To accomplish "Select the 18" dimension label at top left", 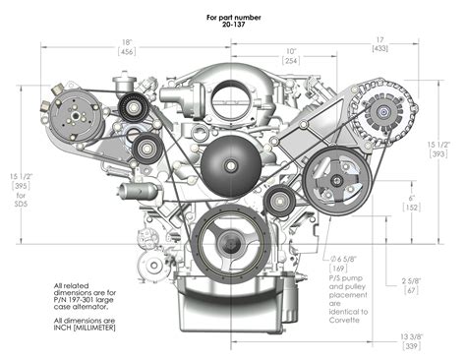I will coord(127,41).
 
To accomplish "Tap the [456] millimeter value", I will coord(127,52).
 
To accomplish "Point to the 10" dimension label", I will coord(291,50).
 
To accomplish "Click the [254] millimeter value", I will coord(291,61).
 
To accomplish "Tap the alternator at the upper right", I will coord(374,120).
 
